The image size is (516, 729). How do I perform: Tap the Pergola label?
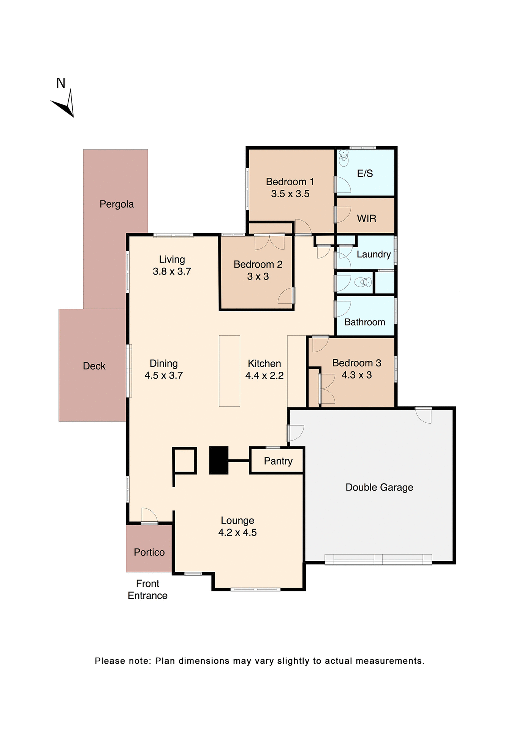[117, 204]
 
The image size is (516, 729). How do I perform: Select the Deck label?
[94, 366]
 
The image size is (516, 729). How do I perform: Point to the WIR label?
[366, 219]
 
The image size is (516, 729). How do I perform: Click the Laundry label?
[374, 254]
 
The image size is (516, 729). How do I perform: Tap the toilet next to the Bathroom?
[363, 282]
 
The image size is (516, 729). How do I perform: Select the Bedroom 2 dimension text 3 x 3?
[258, 276]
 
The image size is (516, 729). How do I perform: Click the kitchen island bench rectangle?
[229, 371]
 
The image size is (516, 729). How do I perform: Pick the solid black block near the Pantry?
[219, 460]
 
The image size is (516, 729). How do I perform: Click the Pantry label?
[278, 461]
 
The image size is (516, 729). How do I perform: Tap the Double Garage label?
[379, 487]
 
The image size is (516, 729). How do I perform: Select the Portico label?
[149, 552]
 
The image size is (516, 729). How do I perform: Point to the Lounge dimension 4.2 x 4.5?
[237, 532]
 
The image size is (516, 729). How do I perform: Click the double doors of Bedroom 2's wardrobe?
[269, 242]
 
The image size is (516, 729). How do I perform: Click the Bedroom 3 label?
[356, 363]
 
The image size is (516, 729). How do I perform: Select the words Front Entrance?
[147, 589]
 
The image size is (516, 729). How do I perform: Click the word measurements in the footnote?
[390, 661]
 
